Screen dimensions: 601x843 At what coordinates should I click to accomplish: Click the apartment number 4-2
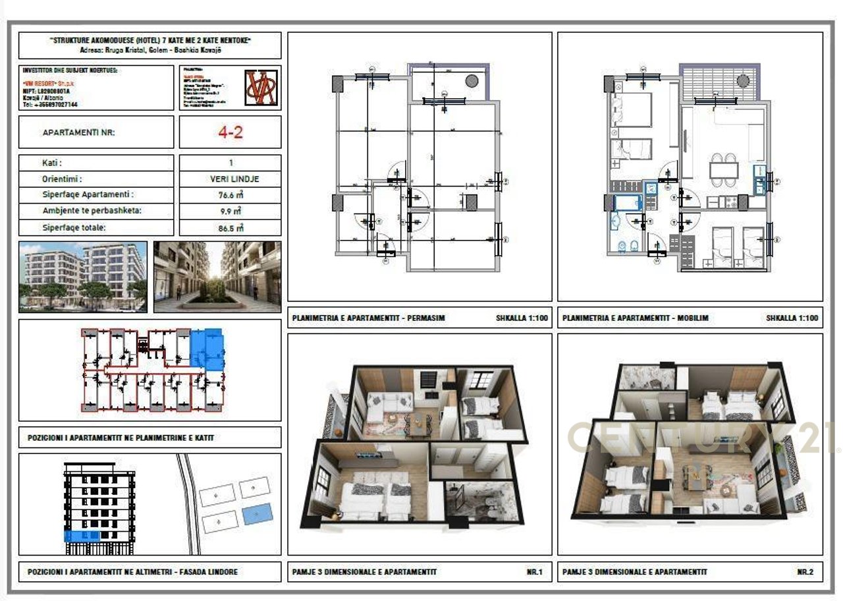pos(231,132)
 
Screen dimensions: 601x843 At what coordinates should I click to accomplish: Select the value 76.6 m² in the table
pos(231,195)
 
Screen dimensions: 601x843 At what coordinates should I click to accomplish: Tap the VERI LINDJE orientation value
pos(231,179)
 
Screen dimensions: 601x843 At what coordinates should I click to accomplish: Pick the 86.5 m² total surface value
pos(231,228)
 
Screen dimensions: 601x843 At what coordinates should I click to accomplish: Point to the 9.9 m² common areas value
pos(231,212)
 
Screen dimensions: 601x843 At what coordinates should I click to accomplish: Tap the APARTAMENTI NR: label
pos(78,132)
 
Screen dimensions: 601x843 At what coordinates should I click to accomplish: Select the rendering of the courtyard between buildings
pos(217,277)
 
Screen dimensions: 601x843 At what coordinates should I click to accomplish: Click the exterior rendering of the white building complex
pos(83,277)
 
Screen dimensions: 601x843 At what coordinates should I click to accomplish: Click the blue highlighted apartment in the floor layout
pos(207,349)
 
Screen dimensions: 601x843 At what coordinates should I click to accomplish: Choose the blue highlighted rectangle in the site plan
pos(257,514)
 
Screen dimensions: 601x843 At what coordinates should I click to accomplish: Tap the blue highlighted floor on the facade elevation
pos(82,536)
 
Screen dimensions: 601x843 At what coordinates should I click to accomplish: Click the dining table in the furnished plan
pos(723,169)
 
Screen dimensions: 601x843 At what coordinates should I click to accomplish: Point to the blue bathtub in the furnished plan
pos(627,202)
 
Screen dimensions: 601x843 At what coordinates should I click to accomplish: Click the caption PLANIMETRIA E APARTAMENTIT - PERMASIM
pos(369,318)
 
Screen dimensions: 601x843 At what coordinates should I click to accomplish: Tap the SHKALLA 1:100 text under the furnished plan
pos(792,318)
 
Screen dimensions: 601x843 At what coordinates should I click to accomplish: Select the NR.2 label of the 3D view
pos(805,572)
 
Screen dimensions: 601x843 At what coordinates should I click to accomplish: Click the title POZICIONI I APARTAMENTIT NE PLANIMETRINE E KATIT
pos(121,438)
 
